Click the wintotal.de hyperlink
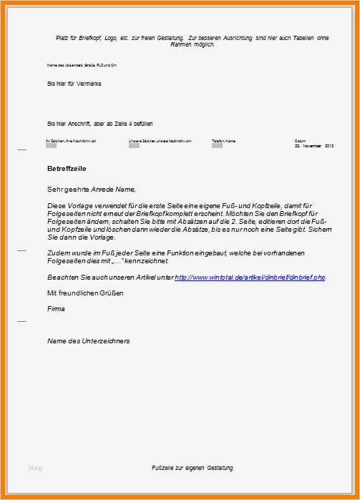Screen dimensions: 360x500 click(x=250, y=277)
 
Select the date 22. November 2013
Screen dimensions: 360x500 click(x=314, y=145)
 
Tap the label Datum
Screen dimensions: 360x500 click(x=299, y=140)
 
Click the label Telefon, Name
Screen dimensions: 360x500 click(x=223, y=141)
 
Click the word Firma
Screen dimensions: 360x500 click(x=56, y=309)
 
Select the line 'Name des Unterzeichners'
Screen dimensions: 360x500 click(x=88, y=341)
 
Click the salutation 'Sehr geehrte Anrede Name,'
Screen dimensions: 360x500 click(x=91, y=190)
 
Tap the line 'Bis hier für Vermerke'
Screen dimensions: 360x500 click(x=74, y=84)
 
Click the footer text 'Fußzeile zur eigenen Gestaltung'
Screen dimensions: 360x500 click(x=192, y=468)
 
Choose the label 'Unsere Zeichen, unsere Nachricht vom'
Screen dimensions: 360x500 click(x=160, y=141)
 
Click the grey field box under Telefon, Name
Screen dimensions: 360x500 click(x=217, y=147)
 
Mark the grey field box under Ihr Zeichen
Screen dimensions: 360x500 click(x=51, y=147)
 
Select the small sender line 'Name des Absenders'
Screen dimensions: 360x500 click(x=82, y=65)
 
